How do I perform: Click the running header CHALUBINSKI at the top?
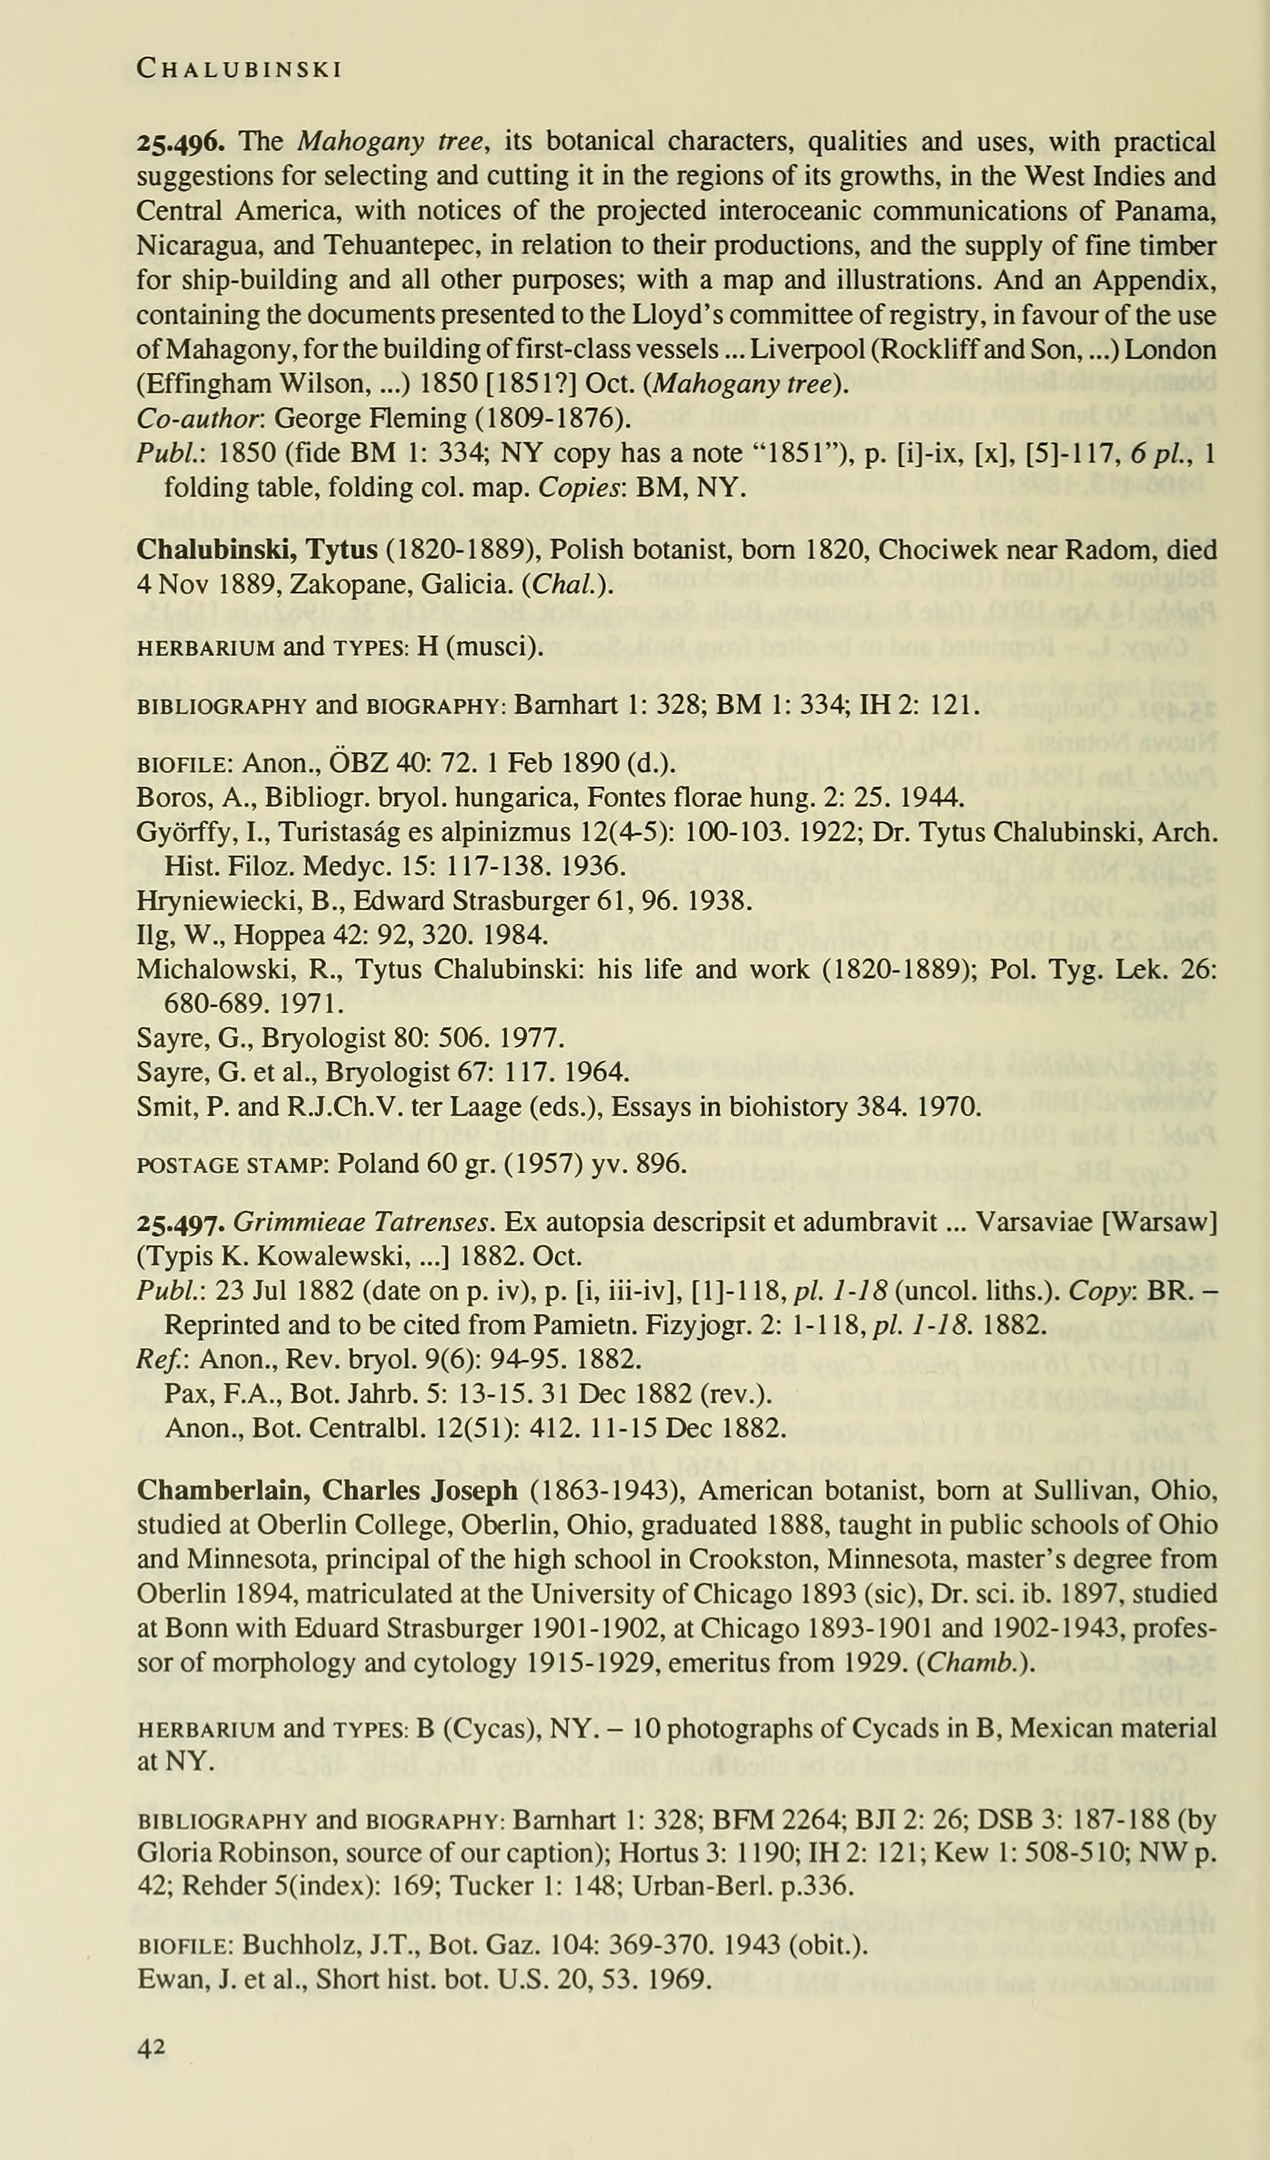240,69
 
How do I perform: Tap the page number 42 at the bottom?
151,2049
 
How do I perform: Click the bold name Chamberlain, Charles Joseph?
327,1490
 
